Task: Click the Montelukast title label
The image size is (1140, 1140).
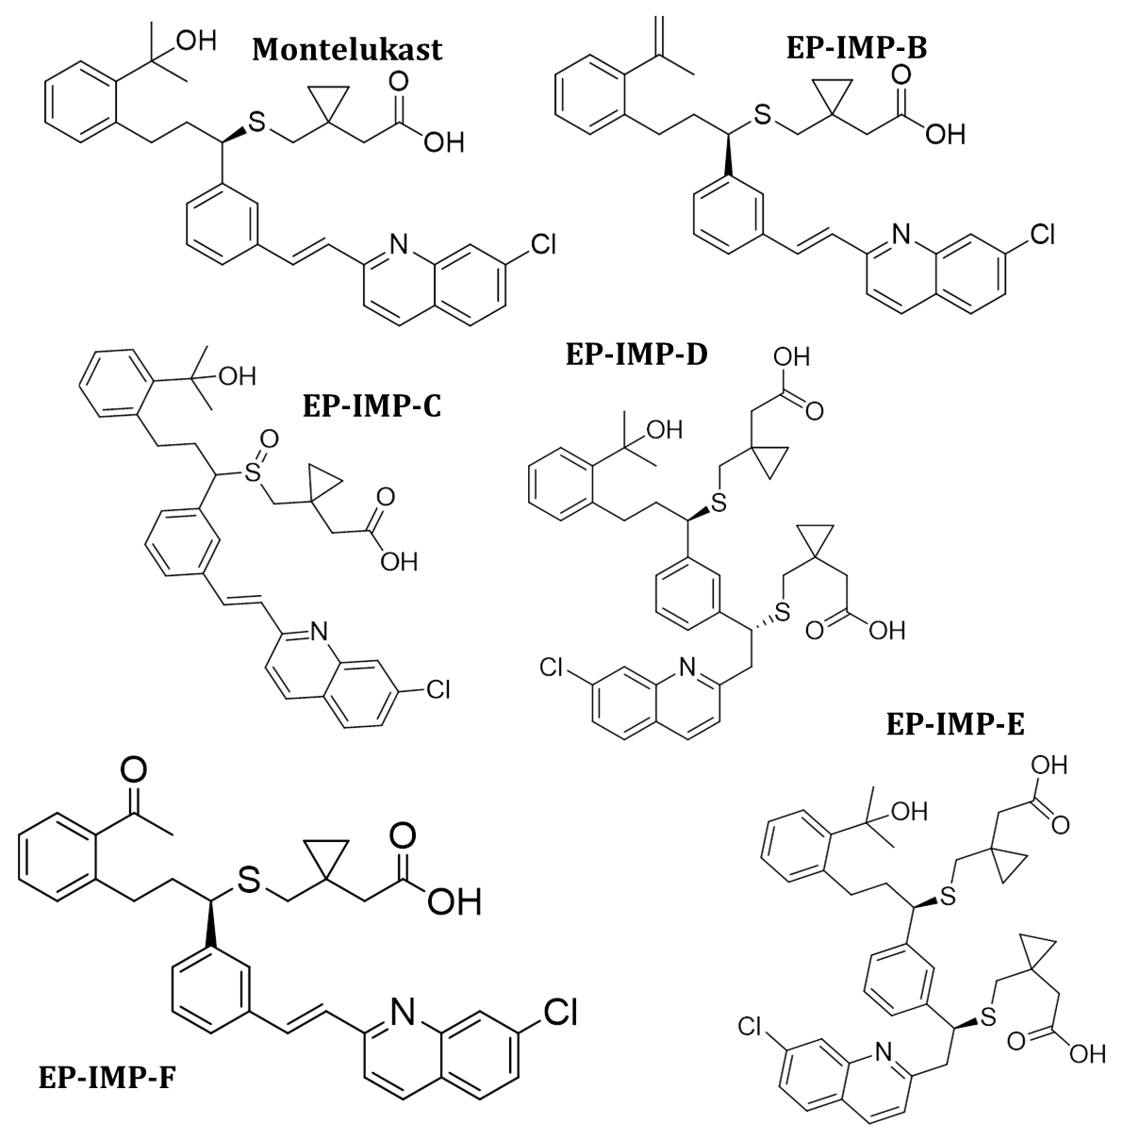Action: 347,49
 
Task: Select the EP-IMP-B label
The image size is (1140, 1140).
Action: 855,47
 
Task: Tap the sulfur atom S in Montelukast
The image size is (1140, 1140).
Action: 256,122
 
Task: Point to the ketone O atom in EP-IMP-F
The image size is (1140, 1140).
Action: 134,771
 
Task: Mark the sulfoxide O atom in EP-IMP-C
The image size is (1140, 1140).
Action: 269,439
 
